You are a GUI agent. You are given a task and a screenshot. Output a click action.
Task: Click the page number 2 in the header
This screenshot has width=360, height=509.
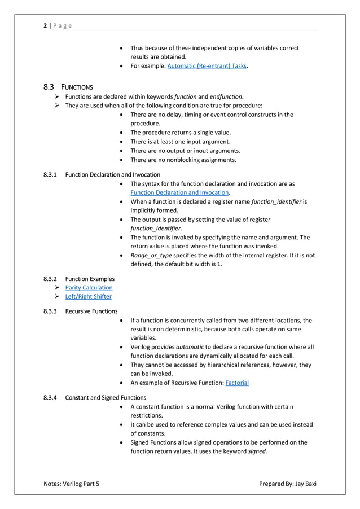[x=45, y=25]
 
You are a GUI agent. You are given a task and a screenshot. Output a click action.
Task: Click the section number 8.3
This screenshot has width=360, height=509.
[x=49, y=87]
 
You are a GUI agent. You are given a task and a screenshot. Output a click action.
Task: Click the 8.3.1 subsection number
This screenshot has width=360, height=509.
[x=51, y=174]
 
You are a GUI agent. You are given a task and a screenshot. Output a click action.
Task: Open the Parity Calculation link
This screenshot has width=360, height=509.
[x=89, y=288]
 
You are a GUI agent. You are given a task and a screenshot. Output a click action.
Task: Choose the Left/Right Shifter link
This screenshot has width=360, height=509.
[x=88, y=297]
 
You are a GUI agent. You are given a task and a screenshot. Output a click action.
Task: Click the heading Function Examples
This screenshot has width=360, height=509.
[x=90, y=279]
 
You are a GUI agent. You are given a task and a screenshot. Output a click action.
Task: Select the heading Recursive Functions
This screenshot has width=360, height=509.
[x=91, y=311]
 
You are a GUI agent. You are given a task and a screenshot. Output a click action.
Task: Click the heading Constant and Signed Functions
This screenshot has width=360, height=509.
[x=106, y=397]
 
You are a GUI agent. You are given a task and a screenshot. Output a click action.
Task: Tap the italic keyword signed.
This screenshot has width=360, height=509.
[x=257, y=451]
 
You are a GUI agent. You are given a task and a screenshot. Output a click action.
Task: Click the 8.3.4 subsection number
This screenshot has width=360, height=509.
[x=51, y=397]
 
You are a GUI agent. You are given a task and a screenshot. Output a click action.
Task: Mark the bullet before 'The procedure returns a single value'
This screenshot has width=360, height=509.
[x=122, y=133]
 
